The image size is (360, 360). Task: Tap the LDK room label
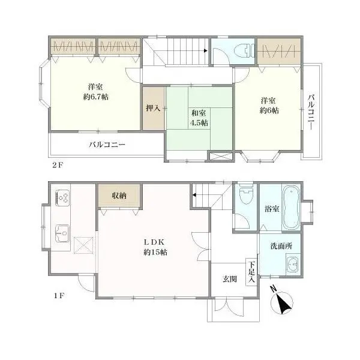[x=155, y=247]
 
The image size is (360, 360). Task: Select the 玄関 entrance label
[x=230, y=279]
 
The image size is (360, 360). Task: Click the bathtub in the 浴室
[x=291, y=208]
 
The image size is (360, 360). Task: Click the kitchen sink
[x=62, y=233]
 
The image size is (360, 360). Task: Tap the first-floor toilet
[x=245, y=195]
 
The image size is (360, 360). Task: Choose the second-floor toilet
[x=245, y=51]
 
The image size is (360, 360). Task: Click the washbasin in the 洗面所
[x=293, y=264]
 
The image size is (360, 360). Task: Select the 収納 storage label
[x=119, y=196]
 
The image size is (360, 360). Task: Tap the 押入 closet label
[x=153, y=108]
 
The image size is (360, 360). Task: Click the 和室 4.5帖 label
[x=199, y=118]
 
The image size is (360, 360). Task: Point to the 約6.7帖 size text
[x=96, y=97]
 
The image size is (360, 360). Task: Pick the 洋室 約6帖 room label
[x=269, y=106]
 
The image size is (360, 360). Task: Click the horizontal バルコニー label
[x=107, y=145]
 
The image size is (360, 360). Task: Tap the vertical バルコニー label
[x=311, y=112]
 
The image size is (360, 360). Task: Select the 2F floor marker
[x=58, y=166]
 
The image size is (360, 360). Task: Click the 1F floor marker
[x=59, y=296]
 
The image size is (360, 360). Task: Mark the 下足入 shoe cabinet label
[x=251, y=272]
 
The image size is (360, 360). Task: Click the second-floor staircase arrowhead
[x=206, y=51]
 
